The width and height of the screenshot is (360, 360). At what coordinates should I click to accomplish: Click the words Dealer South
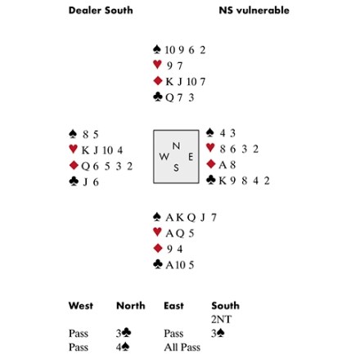point(101,11)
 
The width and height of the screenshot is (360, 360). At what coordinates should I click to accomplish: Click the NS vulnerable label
point(254,11)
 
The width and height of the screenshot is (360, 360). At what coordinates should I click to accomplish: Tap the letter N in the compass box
point(176,146)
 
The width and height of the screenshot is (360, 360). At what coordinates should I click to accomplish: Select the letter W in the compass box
point(164,156)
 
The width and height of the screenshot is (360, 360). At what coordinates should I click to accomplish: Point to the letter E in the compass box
point(191,156)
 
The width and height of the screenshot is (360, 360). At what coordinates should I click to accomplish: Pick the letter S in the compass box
point(176,168)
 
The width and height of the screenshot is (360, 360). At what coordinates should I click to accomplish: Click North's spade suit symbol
point(157,49)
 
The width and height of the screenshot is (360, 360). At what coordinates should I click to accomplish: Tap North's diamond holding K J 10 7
point(186,81)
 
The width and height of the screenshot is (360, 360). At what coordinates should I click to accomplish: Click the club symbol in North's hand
point(158,97)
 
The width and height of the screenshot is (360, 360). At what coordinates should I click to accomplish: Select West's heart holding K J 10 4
point(102,150)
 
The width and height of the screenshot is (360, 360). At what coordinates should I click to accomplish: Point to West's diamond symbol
point(74,165)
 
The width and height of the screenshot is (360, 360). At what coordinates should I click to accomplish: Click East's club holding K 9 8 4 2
point(244,181)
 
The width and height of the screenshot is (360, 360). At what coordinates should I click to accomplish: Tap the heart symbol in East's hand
point(210,148)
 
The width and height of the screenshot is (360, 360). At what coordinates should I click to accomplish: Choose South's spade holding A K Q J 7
point(191,218)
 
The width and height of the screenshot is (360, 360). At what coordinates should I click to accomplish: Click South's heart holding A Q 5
point(180,233)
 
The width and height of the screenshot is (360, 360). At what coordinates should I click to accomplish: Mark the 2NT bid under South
point(221,319)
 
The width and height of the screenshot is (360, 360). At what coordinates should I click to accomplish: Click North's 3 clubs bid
point(124,333)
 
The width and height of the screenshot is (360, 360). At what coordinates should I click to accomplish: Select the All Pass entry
point(182,347)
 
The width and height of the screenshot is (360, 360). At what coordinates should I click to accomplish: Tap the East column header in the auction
point(173,306)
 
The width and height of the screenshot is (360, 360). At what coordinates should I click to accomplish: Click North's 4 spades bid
point(123,347)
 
